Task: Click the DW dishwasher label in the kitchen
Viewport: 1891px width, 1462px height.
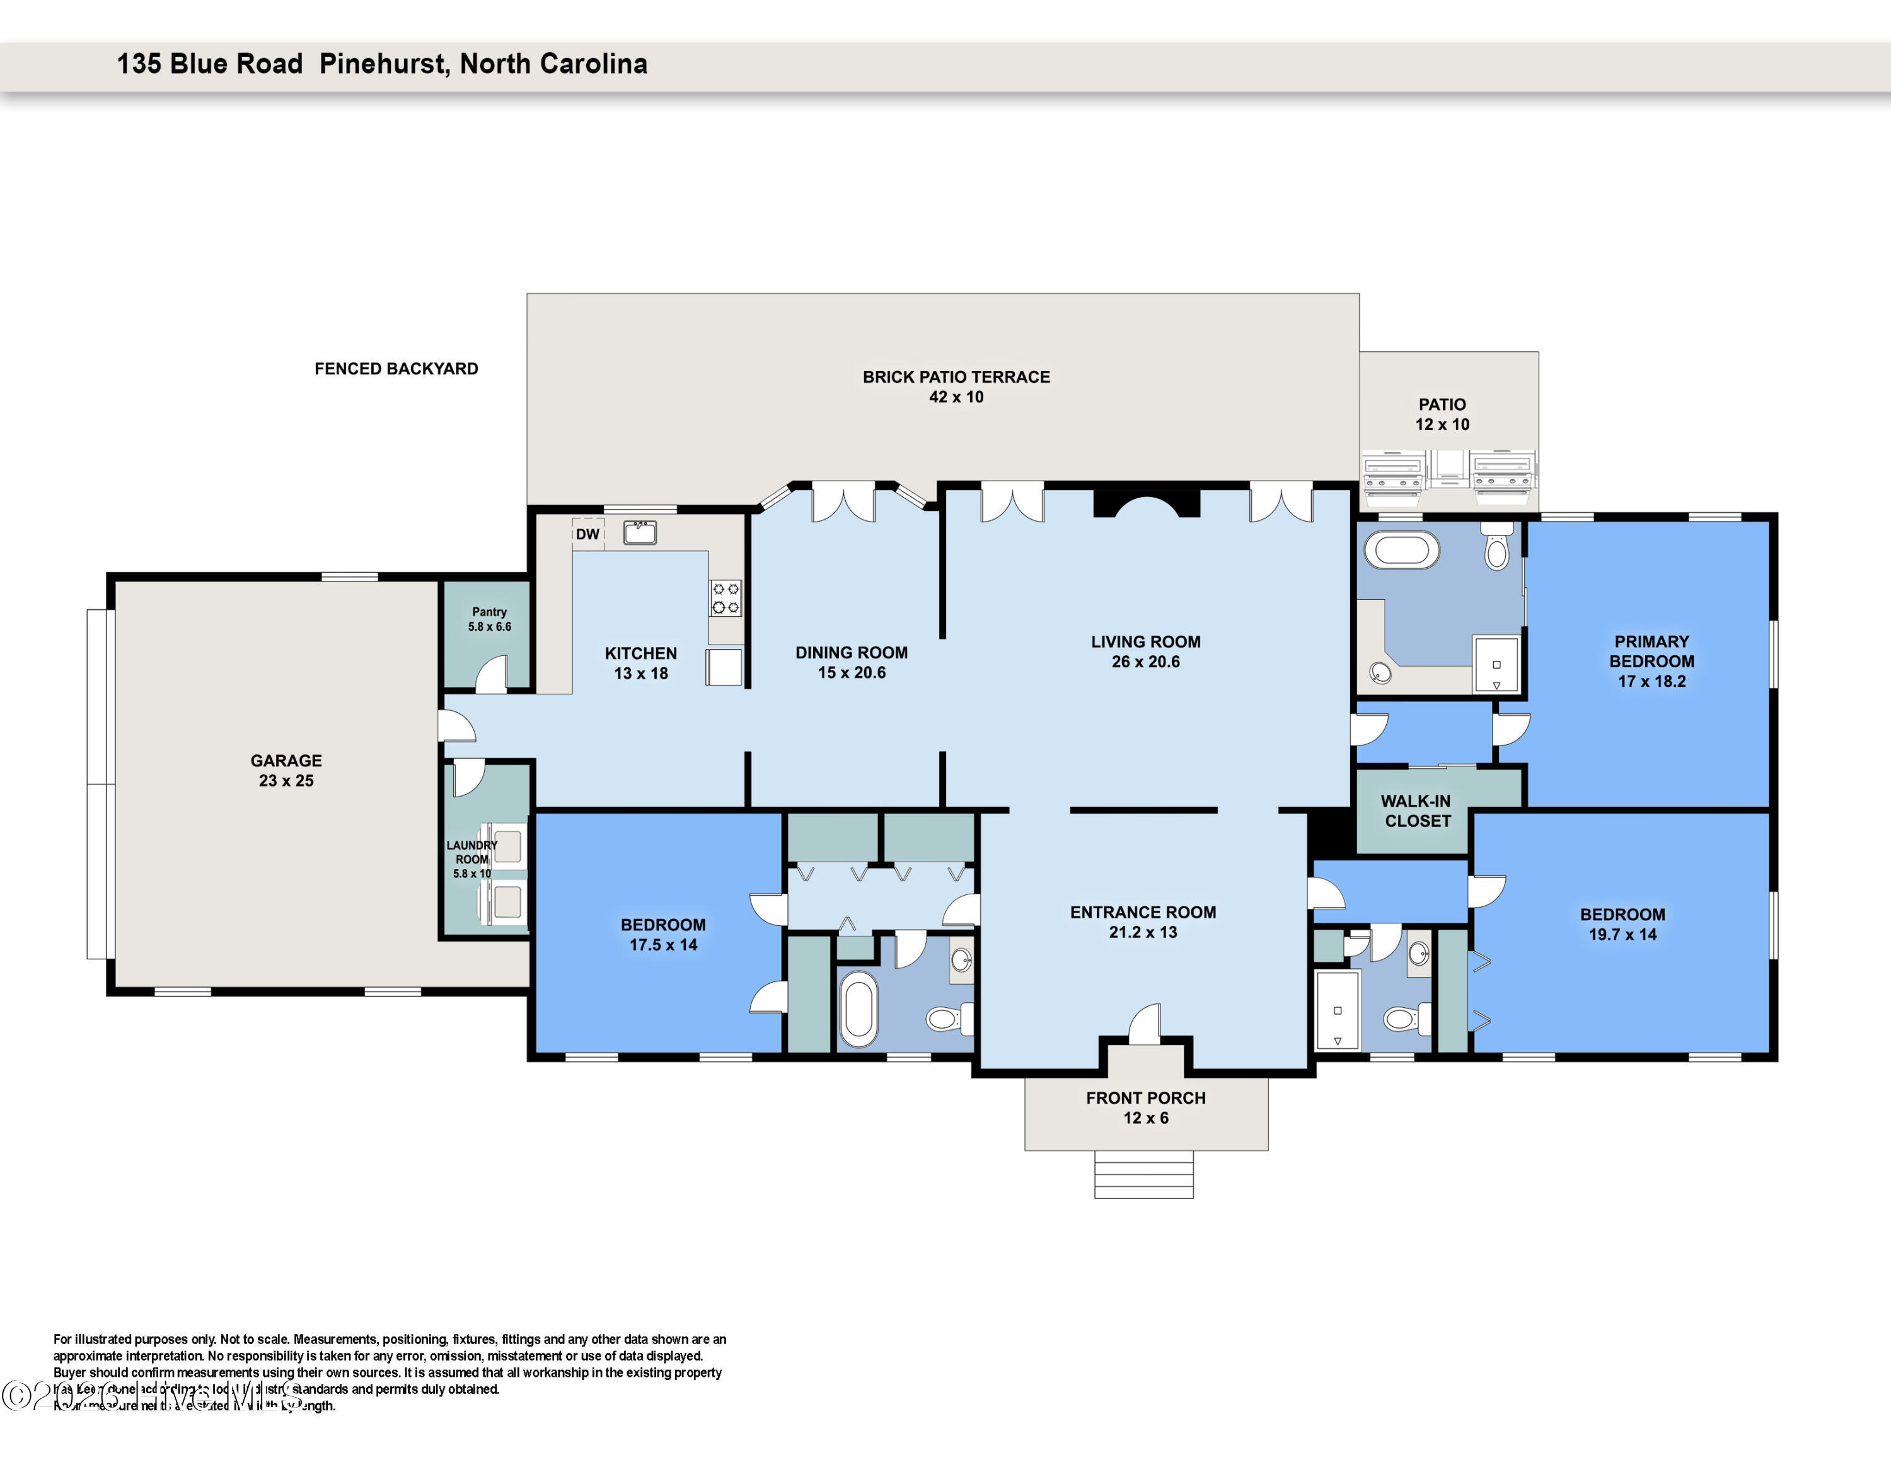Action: point(587,534)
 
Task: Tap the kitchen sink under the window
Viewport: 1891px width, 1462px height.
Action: point(640,532)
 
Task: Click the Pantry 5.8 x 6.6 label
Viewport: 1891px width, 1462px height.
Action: point(489,618)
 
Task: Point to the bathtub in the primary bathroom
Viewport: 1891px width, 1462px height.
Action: point(1402,550)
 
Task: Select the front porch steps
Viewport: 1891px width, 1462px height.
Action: point(1144,1174)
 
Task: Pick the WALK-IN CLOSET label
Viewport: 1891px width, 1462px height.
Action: point(1416,810)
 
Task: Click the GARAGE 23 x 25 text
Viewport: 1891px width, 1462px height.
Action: point(286,770)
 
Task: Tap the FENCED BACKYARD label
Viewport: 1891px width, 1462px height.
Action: point(396,368)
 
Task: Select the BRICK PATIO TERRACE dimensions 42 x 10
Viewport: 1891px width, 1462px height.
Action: point(956,397)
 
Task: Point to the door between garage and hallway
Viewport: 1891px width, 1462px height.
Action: point(456,726)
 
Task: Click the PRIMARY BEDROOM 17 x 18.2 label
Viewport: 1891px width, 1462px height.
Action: point(1651,661)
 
